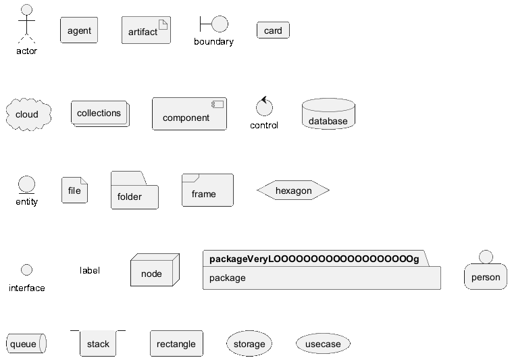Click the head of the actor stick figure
26,9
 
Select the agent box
79,30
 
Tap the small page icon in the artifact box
163,25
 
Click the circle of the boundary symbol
220,24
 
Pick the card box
273,30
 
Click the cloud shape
28,114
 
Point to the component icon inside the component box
218,105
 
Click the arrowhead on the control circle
264,99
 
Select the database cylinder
328,114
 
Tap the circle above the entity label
26,184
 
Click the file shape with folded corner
74,190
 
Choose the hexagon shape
293,190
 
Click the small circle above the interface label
26,269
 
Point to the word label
90,270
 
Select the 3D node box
155,270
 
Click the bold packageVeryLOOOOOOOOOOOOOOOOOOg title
314,259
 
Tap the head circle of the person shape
486,257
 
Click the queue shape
26,343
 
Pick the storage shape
249,343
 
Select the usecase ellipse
323,343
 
